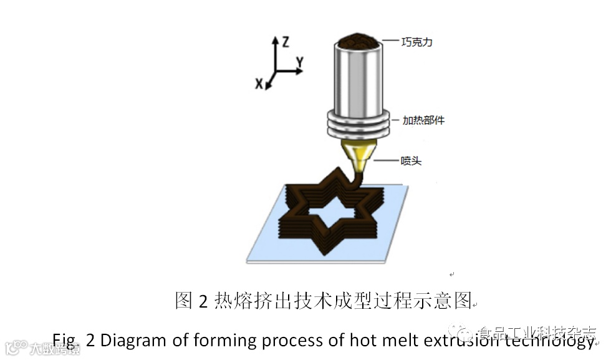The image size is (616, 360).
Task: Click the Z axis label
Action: [285, 42]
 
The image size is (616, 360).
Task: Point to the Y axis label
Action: [300, 61]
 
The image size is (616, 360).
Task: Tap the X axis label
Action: [259, 84]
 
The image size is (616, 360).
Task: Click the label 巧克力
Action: [417, 42]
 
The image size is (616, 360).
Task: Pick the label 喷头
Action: [411, 161]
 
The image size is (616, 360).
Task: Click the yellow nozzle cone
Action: [358, 152]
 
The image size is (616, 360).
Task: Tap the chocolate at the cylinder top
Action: [358, 41]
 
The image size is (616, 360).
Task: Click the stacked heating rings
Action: [358, 124]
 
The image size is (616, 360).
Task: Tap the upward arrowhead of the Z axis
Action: [275, 39]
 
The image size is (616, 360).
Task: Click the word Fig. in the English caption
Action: [64, 341]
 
